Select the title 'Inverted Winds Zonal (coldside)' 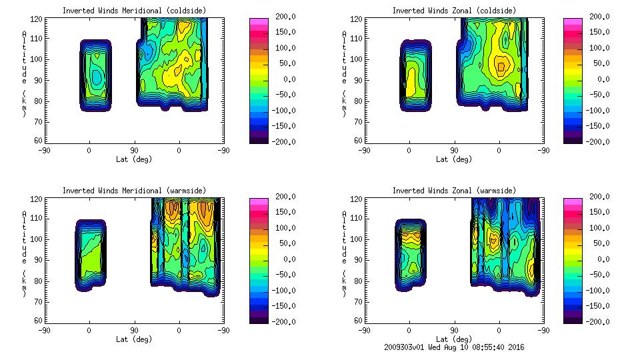pos(453,11)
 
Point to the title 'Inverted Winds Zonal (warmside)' pos(453,191)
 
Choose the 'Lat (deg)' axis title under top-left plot pos(133,159)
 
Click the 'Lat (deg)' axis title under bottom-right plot pos(453,339)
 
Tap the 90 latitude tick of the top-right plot pos(454,151)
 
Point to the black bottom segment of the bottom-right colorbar pos(572,318)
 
